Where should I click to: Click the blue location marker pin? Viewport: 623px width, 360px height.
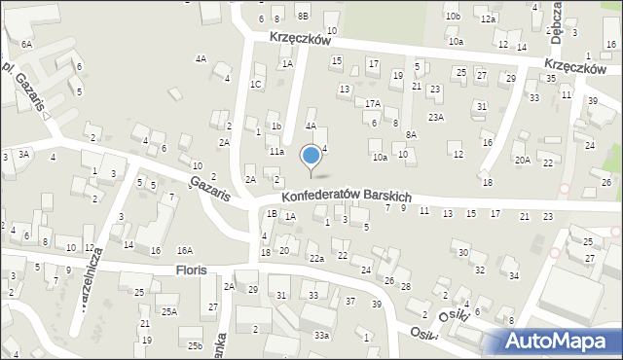(x=311, y=156)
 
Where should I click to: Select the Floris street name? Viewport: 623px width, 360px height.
(x=191, y=269)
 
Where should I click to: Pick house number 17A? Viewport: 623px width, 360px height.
(x=373, y=103)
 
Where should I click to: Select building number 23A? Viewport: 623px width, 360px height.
(x=437, y=118)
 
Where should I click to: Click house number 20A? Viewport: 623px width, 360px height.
(x=523, y=160)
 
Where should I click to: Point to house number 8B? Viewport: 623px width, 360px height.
(x=303, y=17)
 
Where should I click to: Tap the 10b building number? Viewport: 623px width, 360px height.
(x=452, y=17)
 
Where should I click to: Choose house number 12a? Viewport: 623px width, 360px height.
(x=488, y=19)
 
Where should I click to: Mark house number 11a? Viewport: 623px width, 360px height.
(x=276, y=152)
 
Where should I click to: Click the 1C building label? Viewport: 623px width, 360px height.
(x=255, y=85)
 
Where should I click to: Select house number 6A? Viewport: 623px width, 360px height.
(x=26, y=45)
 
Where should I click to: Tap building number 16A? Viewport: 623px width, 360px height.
(x=184, y=250)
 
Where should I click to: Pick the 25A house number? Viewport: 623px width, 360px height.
(x=169, y=312)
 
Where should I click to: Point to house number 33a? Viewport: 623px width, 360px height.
(x=321, y=336)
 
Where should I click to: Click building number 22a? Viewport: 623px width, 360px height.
(x=316, y=258)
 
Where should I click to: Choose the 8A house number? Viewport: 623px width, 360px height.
(x=412, y=135)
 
